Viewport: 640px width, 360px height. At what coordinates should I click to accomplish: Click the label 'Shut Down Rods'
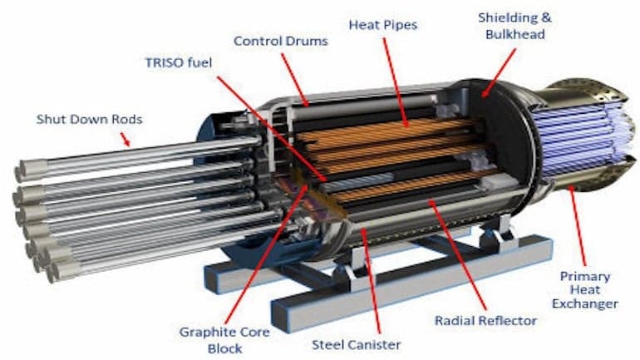coord(90,120)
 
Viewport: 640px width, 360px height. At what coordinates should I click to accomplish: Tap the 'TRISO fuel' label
coord(179,62)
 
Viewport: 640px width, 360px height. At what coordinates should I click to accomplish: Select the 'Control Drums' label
coord(281,42)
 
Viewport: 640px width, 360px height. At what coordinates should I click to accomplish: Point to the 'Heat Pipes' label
coord(383,25)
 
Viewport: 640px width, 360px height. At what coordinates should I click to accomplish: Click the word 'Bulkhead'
coord(515,34)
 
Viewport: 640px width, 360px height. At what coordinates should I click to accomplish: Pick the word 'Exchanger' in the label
coord(585,304)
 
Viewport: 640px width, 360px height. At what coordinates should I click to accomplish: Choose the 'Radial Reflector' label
coord(485,321)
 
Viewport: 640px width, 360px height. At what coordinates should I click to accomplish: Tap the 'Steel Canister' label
coord(357,345)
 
